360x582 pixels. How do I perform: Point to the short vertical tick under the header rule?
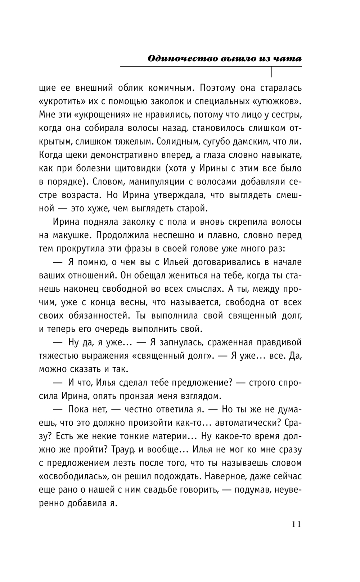click(x=271, y=72)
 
